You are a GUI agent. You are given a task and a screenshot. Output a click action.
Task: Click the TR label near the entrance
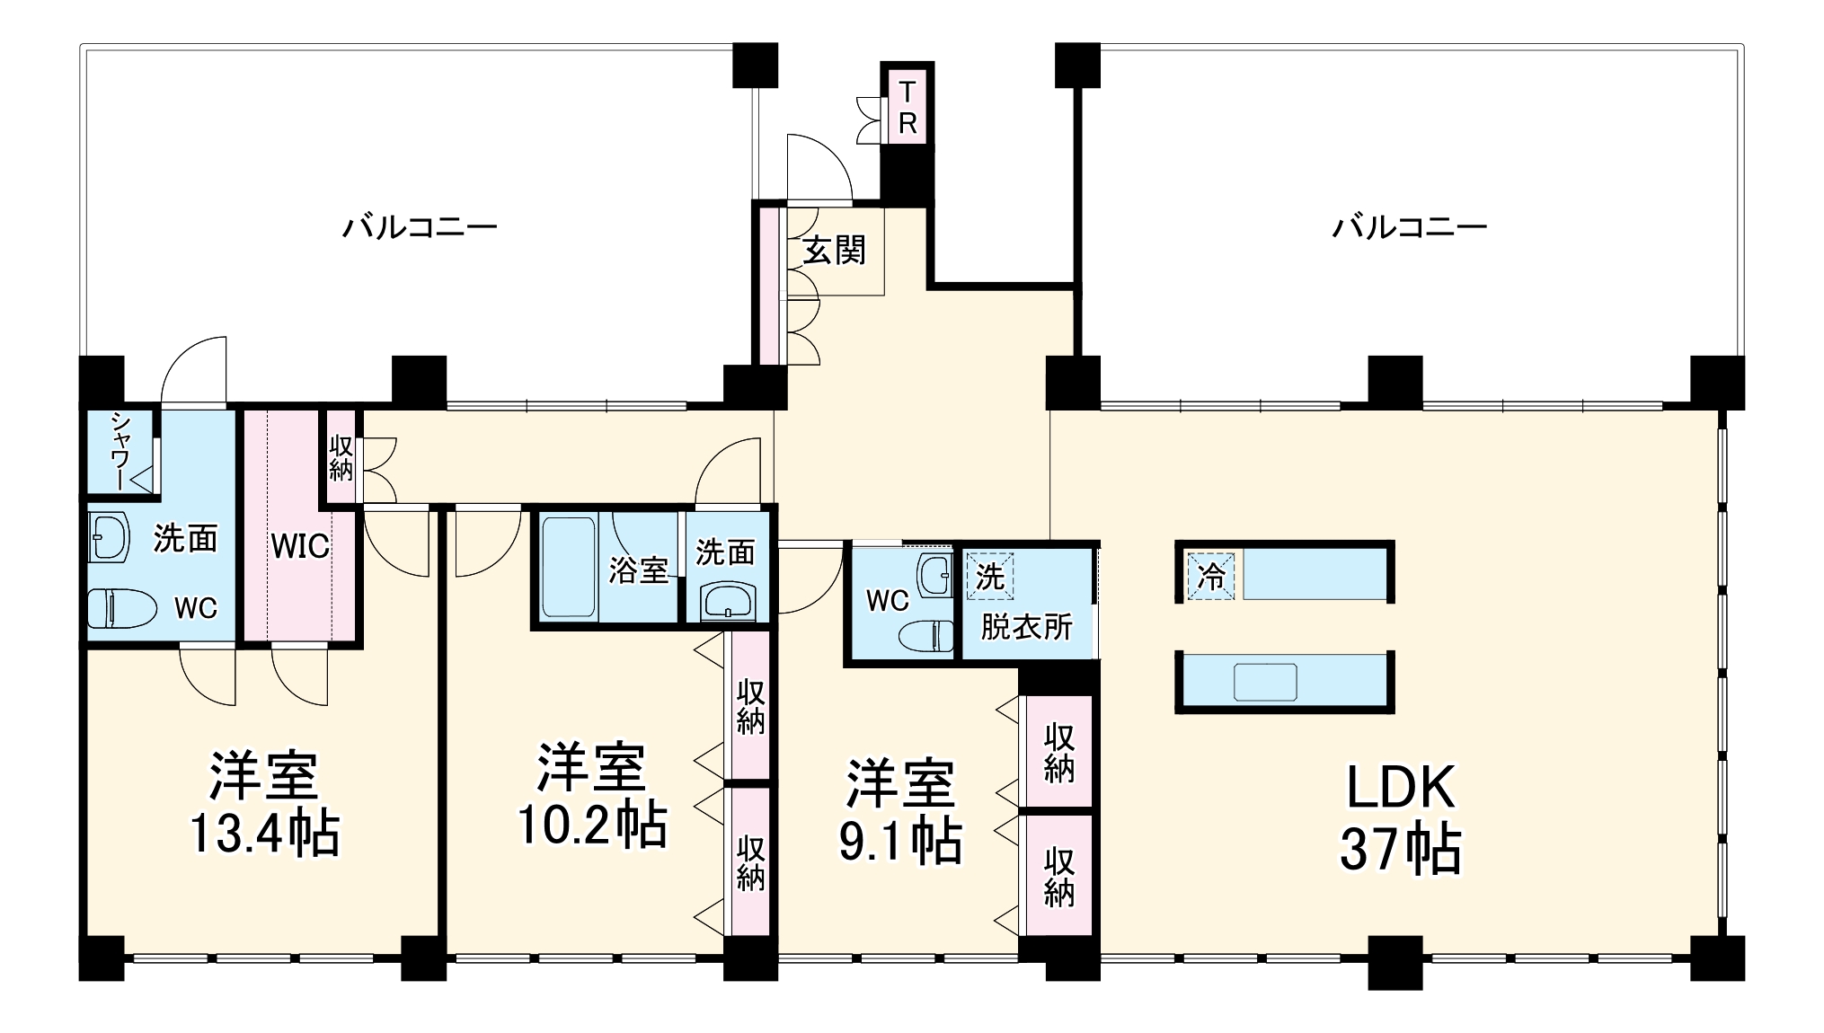908,108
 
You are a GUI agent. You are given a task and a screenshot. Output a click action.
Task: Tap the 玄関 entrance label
835,251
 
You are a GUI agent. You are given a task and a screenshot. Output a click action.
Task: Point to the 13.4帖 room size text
264,834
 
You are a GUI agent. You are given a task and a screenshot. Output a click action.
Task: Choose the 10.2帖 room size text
592,825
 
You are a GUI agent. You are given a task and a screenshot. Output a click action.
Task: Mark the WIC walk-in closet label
300,546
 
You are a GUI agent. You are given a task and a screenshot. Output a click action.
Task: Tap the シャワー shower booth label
120,452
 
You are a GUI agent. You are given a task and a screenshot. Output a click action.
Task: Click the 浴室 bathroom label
638,570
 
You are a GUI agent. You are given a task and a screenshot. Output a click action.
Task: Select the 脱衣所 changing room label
1026,627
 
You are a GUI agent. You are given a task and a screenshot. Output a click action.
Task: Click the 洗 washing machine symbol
989,577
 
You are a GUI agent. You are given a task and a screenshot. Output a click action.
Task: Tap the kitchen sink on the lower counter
1265,682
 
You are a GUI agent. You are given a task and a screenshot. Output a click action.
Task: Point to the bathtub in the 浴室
570,566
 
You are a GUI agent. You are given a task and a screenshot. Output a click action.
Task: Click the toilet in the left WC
121,608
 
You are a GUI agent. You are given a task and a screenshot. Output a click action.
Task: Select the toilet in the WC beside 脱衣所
926,635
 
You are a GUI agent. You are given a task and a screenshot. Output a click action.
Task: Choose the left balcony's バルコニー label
420,227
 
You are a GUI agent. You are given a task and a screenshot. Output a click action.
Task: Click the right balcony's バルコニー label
1409,227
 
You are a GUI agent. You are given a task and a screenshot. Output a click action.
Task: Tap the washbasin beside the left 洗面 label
110,538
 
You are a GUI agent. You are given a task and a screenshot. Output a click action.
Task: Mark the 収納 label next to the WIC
341,457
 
